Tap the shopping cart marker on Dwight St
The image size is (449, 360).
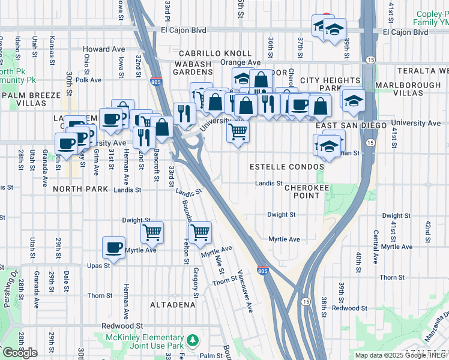[x=152, y=231]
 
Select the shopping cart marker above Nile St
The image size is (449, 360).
[x=200, y=231]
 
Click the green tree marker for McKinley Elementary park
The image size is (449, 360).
[x=193, y=341]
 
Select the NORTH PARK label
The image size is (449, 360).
[x=80, y=189]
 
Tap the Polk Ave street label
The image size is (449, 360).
[x=88, y=79]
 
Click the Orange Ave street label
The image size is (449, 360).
[x=241, y=62]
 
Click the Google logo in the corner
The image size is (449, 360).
[x=19, y=353]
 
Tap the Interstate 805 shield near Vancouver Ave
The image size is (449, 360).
[x=263, y=271]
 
